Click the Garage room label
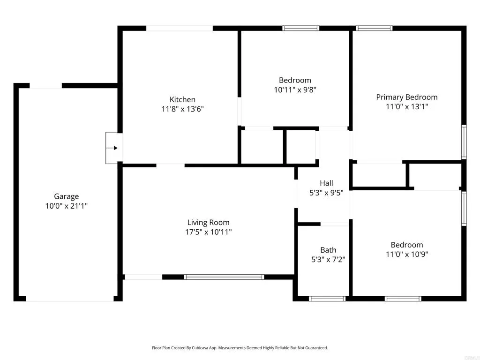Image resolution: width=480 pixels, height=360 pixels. (x=66, y=196)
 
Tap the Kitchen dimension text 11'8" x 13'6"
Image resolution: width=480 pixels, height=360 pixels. (x=182, y=109)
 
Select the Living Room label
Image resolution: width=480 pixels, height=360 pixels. (x=208, y=222)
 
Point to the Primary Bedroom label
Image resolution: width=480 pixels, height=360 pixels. (x=406, y=97)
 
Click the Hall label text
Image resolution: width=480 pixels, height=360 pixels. (x=326, y=183)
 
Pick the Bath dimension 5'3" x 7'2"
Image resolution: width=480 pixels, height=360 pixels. (x=328, y=259)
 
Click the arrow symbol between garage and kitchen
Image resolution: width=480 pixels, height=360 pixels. (x=113, y=148)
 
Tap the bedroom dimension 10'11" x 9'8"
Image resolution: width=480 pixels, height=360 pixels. (x=295, y=90)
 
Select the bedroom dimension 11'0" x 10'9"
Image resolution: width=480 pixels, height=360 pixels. (x=406, y=254)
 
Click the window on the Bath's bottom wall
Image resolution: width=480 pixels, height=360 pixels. (x=327, y=298)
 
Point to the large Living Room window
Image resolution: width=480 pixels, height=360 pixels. (x=224, y=277)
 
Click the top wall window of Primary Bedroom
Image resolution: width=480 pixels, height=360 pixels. (x=374, y=28)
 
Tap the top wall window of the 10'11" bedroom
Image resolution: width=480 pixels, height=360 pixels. (x=300, y=28)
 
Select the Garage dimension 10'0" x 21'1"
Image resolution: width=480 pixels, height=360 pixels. (x=66, y=206)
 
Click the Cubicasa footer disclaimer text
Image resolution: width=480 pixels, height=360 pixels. (x=240, y=348)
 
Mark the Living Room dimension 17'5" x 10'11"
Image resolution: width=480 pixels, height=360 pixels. (x=208, y=232)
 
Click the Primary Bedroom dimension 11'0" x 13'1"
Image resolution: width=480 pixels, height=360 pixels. (x=406, y=106)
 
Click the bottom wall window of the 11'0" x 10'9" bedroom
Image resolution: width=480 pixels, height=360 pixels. (x=403, y=298)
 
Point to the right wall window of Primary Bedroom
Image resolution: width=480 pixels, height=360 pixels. (x=464, y=142)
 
